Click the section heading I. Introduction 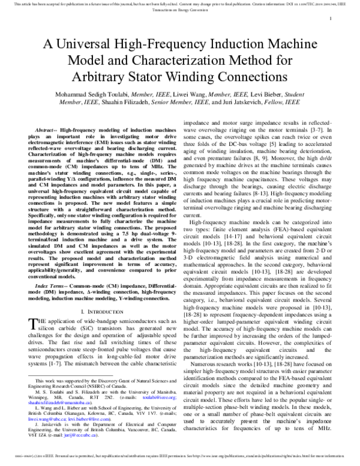click(x=99, y=312)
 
